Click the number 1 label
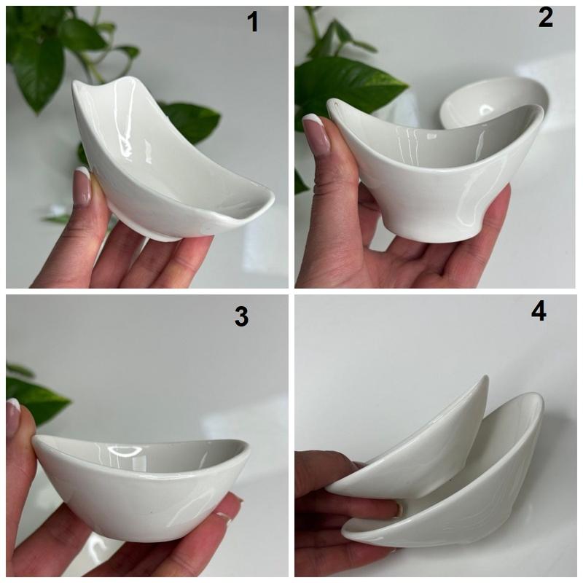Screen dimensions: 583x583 tap(253, 22)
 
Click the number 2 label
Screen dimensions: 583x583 tap(545, 17)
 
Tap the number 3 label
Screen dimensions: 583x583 tap(241, 317)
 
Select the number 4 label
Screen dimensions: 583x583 tap(539, 311)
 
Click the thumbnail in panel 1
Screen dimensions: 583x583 tap(82, 186)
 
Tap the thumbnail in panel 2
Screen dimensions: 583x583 tap(316, 134)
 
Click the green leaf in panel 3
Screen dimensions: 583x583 tap(34, 398)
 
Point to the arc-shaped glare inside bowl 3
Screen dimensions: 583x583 tap(125, 452)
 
